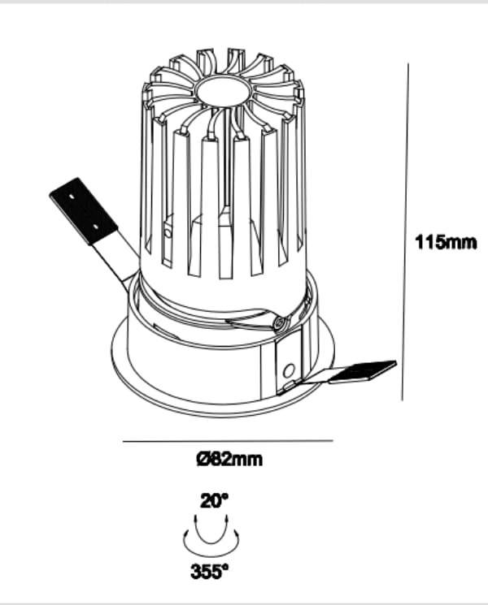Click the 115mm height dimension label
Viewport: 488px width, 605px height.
[446, 243]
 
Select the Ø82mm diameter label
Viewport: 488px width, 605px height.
[230, 459]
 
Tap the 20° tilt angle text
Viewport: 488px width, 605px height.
[215, 501]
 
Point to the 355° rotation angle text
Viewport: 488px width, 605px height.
[210, 572]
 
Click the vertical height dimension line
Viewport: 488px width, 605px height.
[405, 231]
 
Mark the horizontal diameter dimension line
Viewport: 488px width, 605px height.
[228, 441]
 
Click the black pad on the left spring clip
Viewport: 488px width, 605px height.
[83, 211]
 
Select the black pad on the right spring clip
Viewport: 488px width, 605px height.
[363, 371]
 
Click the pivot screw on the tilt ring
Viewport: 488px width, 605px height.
[280, 322]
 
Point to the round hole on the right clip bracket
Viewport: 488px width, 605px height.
[289, 370]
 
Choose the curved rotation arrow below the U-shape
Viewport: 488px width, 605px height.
[211, 549]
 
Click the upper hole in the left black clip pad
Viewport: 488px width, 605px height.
[72, 196]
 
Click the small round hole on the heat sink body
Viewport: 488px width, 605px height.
[168, 233]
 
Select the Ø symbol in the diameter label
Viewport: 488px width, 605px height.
[203, 459]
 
